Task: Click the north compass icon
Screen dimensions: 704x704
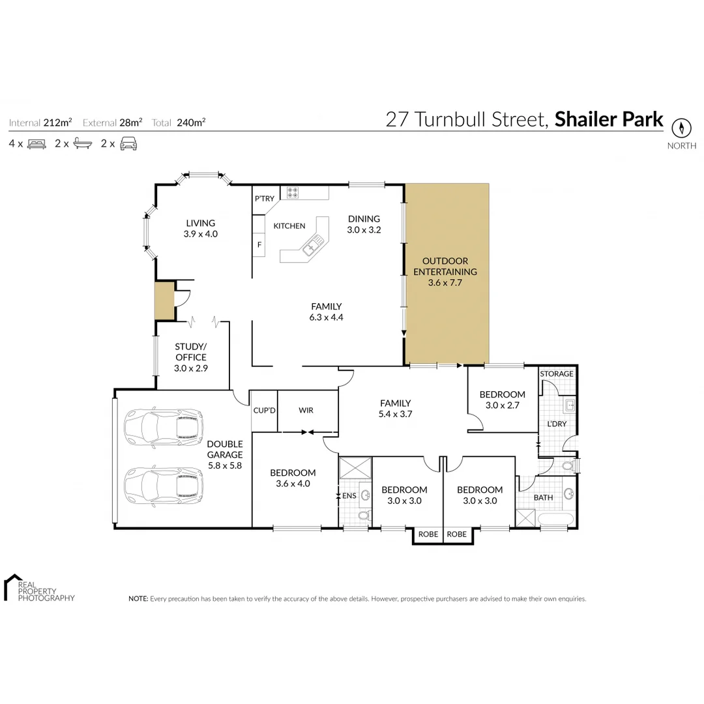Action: pyautogui.click(x=681, y=127)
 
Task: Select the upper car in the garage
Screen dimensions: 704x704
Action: pyautogui.click(x=164, y=427)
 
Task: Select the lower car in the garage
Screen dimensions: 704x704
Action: pyautogui.click(x=164, y=486)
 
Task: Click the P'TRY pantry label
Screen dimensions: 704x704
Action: pyautogui.click(x=265, y=199)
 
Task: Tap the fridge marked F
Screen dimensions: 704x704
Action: pyautogui.click(x=259, y=245)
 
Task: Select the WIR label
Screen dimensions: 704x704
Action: pyautogui.click(x=306, y=411)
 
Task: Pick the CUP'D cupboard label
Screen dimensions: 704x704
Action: pyautogui.click(x=264, y=411)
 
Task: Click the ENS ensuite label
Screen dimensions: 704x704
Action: pyautogui.click(x=349, y=495)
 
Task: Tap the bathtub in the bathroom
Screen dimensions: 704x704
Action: pyautogui.click(x=556, y=518)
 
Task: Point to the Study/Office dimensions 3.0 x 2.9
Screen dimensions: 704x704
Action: pyautogui.click(x=190, y=368)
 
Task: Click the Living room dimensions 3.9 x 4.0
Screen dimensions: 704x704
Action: pyautogui.click(x=199, y=233)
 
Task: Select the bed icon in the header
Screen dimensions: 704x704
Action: pyautogui.click(x=36, y=144)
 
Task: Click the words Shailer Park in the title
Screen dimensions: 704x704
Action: pyautogui.click(x=609, y=120)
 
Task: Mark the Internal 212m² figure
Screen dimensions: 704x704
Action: pyautogui.click(x=57, y=122)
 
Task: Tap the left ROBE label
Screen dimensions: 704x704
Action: pyautogui.click(x=428, y=534)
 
